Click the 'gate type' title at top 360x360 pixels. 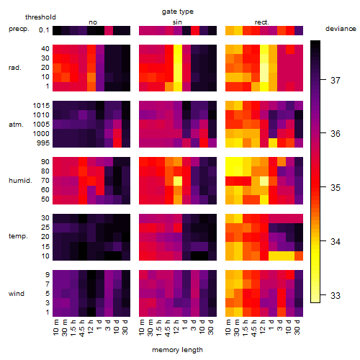pos(178,12)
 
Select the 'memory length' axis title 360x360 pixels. pos(177,350)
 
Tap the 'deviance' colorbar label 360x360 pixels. pos(341,29)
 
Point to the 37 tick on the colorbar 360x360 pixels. pos(336,80)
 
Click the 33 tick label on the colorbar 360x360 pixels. pos(336,295)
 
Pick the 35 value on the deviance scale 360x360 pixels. pos(336,187)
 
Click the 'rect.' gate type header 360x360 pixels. pos(262,22)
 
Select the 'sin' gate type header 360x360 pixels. pos(177,22)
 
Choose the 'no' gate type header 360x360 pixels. pos(93,22)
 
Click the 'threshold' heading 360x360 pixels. pos(40,17)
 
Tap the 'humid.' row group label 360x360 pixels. pos(20,181)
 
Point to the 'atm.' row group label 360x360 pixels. pos(16,125)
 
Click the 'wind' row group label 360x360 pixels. pos(17,294)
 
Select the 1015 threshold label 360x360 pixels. pos(41,106)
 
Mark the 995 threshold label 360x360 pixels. pos(43,143)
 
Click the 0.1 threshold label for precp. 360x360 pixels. pos(44,30)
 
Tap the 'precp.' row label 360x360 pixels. pos(19,30)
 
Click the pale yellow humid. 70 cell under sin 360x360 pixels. pos(178,181)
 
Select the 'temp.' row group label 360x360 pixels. pos(18,236)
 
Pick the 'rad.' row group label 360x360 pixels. pos(15,68)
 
